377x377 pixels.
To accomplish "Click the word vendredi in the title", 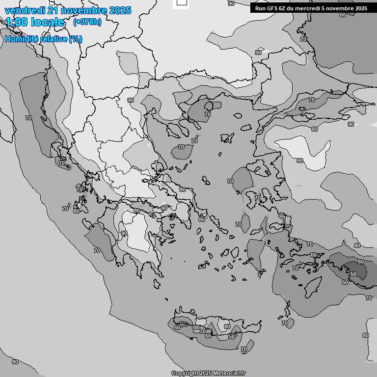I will point(24,10).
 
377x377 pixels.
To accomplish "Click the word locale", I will point(48,22).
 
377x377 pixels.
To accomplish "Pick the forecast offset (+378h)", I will point(87,22).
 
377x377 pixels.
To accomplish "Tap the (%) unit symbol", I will point(76,39).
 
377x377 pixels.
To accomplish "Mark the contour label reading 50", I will point(353,274).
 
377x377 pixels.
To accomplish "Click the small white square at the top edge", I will point(182,2).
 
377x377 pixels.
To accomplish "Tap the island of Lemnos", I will point(227,137).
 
